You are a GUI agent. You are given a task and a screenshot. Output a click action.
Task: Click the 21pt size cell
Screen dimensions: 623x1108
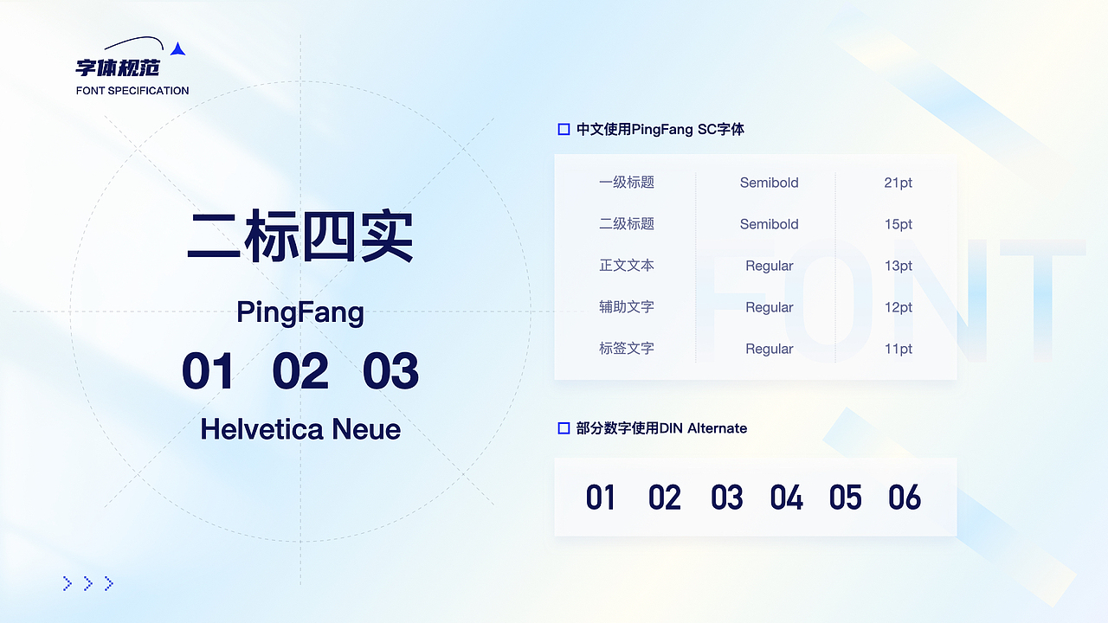point(899,183)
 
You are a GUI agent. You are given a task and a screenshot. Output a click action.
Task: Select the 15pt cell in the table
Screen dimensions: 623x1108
point(899,224)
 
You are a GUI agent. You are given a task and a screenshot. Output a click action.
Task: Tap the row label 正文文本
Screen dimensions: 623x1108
point(627,266)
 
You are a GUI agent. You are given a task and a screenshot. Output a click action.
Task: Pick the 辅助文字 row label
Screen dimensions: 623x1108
point(627,307)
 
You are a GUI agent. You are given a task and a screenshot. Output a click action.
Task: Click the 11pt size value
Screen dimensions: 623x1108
point(899,349)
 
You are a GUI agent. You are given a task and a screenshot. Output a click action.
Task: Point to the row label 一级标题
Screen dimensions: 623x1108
point(627,183)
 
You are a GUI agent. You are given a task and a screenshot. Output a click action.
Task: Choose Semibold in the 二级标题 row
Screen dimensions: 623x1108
point(769,224)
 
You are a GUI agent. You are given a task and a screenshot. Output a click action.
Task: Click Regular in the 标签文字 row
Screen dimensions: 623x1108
point(769,349)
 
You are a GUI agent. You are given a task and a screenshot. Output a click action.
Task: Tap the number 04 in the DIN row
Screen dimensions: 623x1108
point(786,498)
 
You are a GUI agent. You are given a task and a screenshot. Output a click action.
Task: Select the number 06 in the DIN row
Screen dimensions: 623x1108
point(905,498)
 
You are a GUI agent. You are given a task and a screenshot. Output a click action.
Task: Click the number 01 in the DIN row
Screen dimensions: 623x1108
point(600,498)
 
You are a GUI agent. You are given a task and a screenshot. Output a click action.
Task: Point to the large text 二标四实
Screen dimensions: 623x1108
point(300,238)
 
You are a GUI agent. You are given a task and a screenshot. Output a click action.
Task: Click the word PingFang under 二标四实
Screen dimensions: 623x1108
point(300,312)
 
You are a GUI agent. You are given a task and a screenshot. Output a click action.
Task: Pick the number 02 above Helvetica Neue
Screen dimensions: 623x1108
point(300,371)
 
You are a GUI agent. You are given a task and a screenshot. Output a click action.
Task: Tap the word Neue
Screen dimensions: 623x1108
point(366,428)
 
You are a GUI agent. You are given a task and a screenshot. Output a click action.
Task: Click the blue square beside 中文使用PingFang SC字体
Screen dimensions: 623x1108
point(564,130)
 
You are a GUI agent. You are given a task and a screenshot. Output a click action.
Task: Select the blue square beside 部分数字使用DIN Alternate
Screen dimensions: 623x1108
point(564,428)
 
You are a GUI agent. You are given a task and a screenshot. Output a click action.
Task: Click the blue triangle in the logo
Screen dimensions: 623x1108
point(177,50)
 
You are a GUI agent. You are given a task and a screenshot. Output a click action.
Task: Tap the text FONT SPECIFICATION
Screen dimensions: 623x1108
point(132,91)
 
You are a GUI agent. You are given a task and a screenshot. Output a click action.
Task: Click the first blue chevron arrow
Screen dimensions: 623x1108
point(68,584)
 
